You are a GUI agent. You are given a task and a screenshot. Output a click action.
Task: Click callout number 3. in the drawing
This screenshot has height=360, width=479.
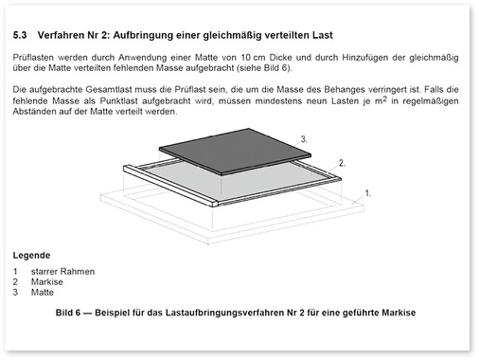305,138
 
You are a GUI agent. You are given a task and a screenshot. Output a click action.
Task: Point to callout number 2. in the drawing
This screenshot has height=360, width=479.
342,163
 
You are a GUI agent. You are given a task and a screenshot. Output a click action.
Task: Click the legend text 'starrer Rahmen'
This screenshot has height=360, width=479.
62,272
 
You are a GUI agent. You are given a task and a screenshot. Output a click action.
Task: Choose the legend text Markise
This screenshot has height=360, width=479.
49,281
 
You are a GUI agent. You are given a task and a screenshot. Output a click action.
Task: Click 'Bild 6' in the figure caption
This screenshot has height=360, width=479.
69,311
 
